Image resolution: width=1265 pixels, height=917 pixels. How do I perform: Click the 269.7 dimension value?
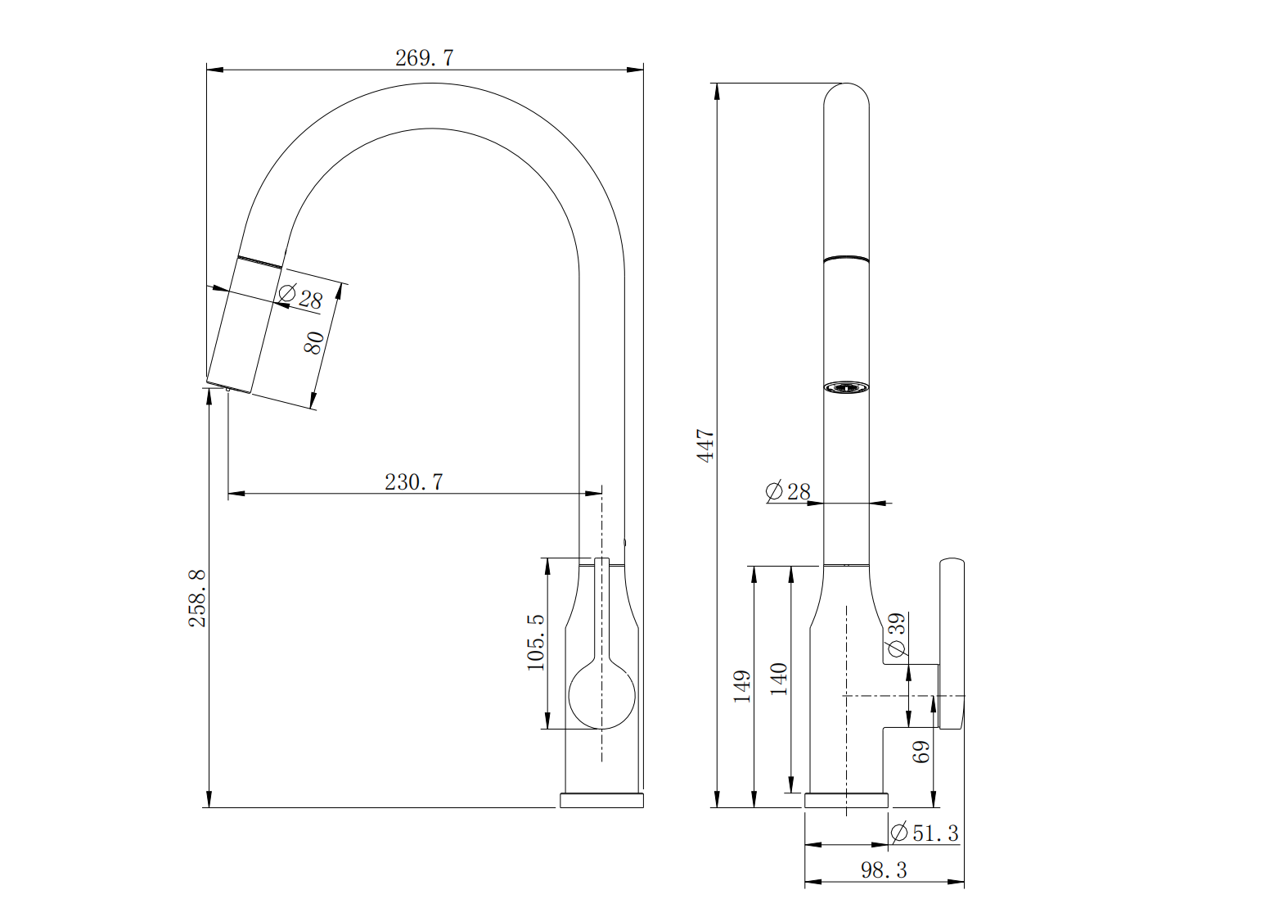tap(424, 58)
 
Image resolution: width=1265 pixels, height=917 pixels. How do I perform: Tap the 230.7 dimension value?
tap(414, 482)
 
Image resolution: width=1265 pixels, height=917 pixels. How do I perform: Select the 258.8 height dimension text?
tap(197, 599)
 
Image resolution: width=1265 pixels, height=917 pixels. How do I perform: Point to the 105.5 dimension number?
tap(535, 643)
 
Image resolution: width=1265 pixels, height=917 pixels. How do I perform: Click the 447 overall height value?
tap(706, 445)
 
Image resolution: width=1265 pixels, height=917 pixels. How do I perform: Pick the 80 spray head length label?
tap(314, 342)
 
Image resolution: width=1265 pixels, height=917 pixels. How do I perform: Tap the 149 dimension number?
tap(742, 686)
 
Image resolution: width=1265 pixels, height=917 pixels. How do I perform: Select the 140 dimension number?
tap(779, 679)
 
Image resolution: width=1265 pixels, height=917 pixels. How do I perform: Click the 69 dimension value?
tap(921, 752)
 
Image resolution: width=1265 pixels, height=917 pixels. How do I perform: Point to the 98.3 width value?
tap(884, 870)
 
